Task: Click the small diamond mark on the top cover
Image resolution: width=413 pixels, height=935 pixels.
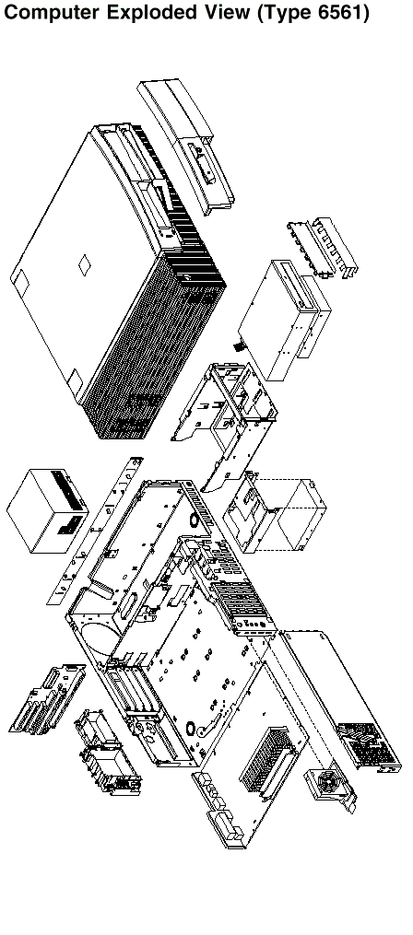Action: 84,265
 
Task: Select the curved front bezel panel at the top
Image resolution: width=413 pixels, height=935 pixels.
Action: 186,146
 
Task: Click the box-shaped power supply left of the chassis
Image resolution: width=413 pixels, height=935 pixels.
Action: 47,510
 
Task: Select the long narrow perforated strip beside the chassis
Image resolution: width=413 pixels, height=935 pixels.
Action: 95,531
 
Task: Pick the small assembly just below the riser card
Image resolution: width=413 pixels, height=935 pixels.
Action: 107,753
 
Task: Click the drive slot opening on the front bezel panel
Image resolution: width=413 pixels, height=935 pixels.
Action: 202,162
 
